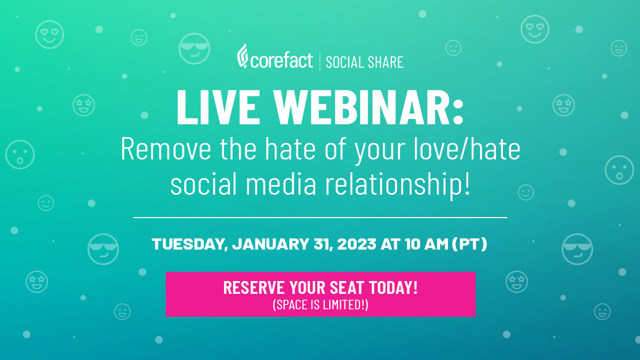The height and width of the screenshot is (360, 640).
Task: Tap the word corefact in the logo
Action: click(282, 60)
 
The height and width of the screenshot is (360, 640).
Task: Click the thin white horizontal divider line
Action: click(320, 218)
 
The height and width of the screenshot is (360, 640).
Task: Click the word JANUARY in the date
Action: click(269, 245)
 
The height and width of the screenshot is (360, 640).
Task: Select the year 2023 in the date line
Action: click(357, 245)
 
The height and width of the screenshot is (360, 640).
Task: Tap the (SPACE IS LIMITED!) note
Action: click(321, 306)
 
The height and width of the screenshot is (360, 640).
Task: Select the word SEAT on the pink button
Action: click(341, 287)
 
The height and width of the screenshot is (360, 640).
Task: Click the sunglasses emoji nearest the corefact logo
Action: click(194, 49)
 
